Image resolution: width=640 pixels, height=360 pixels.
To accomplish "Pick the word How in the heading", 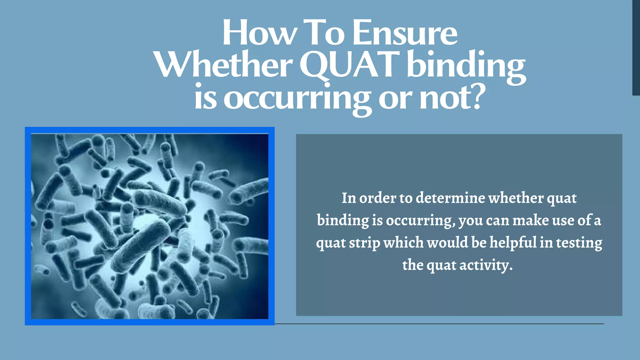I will coord(259,33).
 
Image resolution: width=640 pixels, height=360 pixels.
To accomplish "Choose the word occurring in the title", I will coord(297,98).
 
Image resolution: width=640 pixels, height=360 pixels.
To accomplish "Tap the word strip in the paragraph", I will coord(364,243).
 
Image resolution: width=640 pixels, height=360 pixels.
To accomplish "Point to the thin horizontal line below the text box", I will coord(437,324).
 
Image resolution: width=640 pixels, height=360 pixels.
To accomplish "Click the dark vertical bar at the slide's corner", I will coord(636,47).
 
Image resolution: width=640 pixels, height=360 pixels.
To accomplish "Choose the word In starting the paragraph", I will coord(348,198).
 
